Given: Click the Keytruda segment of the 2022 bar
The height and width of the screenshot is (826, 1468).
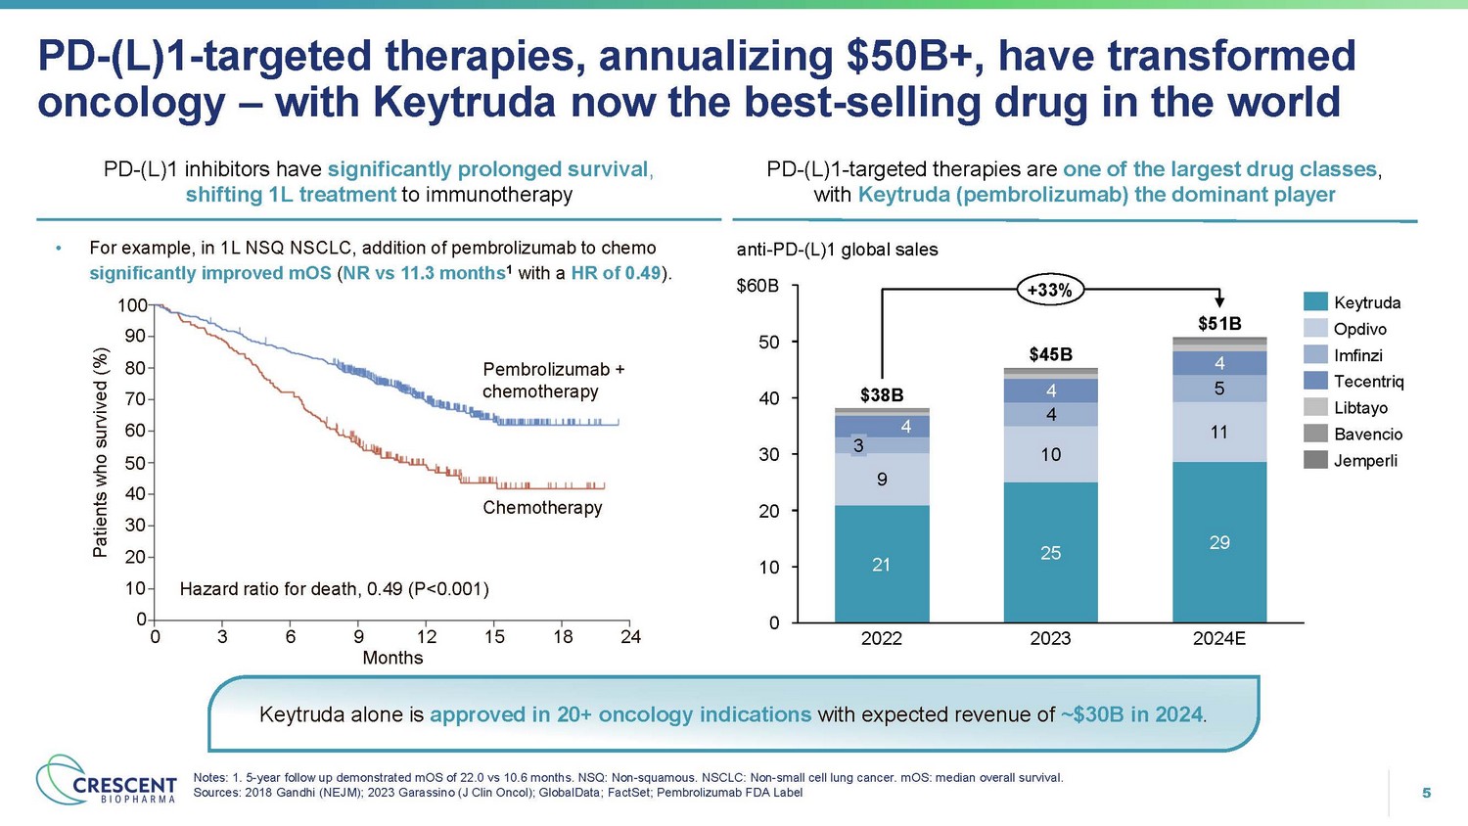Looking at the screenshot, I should pos(882,564).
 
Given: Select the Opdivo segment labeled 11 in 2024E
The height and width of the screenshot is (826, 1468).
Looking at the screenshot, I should pos(1218,432).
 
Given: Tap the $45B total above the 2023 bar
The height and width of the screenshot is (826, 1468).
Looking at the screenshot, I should pos(1050,354).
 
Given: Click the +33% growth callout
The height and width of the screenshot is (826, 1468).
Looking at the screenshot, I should pos(1049,290).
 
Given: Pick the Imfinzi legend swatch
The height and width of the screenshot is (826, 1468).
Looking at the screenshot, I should pos(1315,355).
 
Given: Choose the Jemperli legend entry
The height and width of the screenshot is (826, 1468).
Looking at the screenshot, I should pos(1365,461).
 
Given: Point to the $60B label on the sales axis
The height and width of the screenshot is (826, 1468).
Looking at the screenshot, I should pos(757,287).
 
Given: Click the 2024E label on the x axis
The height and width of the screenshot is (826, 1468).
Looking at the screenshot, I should pos(1218,639).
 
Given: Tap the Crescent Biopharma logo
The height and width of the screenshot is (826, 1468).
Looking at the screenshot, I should pos(107,781).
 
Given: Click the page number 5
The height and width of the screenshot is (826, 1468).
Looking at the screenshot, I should pos(1426,793).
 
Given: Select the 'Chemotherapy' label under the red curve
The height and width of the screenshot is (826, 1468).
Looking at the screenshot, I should pos(542,508).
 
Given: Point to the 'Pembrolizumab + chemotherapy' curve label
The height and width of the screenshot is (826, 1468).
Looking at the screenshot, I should pos(553,381).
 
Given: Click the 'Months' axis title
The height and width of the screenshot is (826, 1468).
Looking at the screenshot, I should pos(392,659).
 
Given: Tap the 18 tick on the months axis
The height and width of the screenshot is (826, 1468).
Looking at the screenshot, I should pos(563,637).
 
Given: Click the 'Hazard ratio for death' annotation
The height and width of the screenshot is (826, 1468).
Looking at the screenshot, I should pos(334,589).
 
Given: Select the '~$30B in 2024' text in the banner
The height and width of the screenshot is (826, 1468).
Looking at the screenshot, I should pos(1130,715).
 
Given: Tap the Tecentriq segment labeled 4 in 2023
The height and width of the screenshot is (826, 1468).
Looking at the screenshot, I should pos(1050,390).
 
